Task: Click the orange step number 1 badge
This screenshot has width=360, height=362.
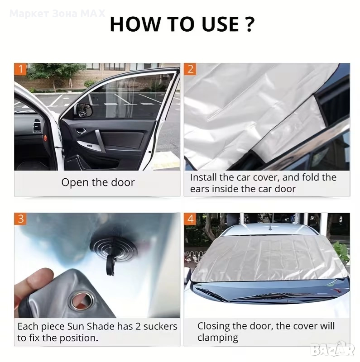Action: (x=20, y=69)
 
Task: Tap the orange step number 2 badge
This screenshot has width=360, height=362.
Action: (x=190, y=69)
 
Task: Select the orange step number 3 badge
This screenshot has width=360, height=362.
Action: (x=20, y=219)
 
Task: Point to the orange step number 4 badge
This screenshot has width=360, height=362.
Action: (x=190, y=219)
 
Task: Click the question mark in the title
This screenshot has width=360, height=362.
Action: (x=249, y=24)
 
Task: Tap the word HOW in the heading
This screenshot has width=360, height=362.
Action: (x=135, y=24)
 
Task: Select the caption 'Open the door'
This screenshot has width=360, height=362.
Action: (x=98, y=182)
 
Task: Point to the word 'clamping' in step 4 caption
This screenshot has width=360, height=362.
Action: (x=218, y=338)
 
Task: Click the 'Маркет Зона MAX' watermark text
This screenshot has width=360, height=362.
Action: (x=58, y=14)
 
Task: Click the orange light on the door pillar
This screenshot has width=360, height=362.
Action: (x=45, y=138)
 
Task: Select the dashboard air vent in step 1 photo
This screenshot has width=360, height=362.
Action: (x=37, y=126)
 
